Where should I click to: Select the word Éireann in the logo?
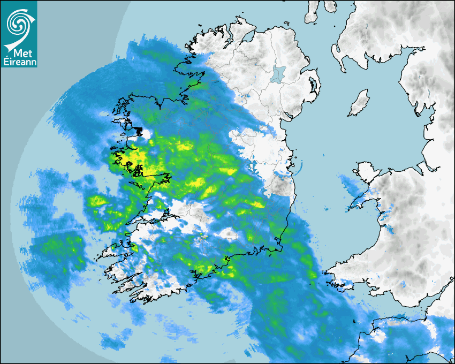19,62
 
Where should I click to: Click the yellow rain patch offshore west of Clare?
97,201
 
